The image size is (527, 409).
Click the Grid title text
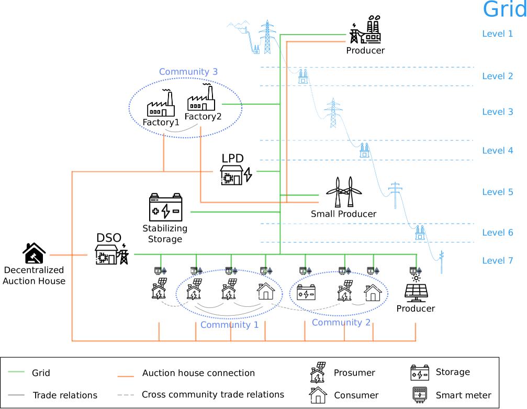click(504, 10)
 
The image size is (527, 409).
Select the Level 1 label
click(497, 34)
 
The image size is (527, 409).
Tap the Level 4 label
click(497, 151)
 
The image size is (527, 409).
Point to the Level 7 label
click(497, 261)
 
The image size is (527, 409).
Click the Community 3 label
click(188, 72)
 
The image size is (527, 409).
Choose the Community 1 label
click(229, 325)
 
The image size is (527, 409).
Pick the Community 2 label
click(341, 323)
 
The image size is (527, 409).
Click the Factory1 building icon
click(161, 105)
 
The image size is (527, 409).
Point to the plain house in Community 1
click(265, 291)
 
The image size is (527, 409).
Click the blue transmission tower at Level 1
click(267, 37)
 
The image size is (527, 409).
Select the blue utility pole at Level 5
click(395, 194)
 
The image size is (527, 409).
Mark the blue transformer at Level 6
click(420, 233)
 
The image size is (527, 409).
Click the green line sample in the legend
click(16, 372)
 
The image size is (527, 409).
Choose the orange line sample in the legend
click(126, 377)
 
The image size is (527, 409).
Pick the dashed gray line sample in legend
click(126, 395)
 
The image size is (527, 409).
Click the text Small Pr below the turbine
click(329, 214)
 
